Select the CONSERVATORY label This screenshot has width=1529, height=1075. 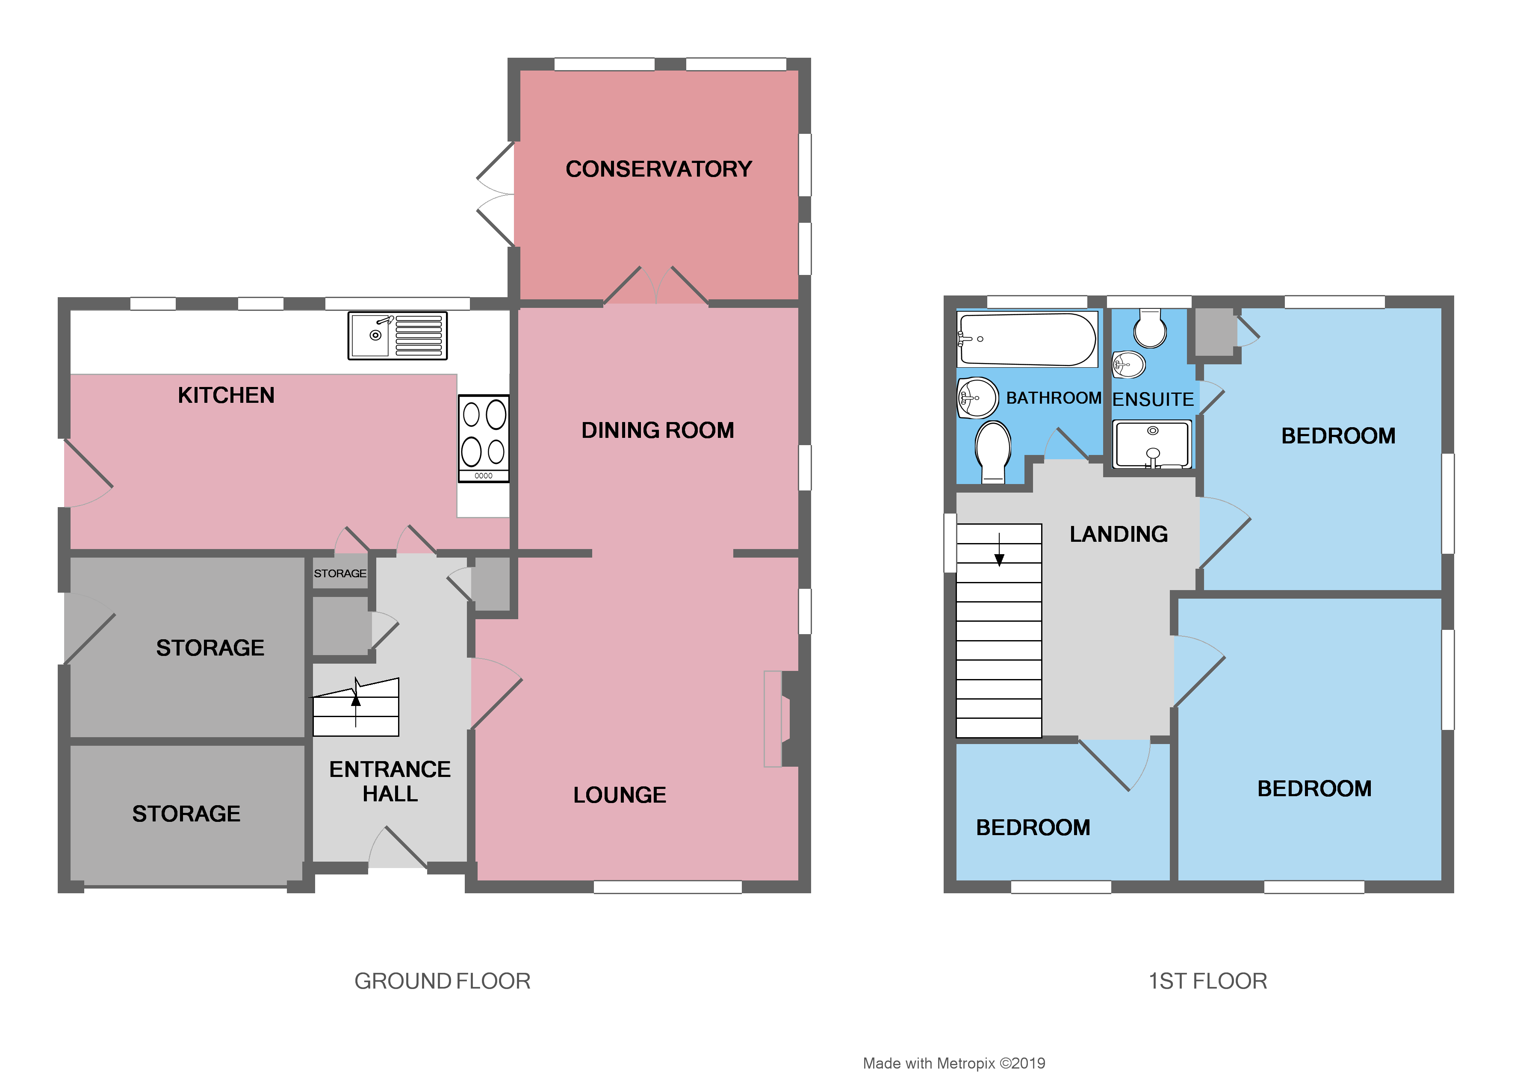click(658, 169)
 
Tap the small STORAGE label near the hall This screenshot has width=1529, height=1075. click(339, 573)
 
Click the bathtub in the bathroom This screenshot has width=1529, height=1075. click(1027, 339)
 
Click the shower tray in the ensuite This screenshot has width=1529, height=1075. click(1152, 444)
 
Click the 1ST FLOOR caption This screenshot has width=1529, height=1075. click(1207, 981)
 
